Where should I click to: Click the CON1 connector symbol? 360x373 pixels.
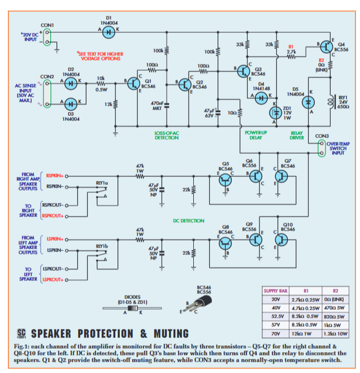[47, 37]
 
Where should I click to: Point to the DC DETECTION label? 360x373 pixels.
[188, 221]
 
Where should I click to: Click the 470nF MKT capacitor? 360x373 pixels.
[157, 106]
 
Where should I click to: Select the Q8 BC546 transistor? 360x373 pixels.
[225, 244]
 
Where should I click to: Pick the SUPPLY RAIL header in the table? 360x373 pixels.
[276, 290]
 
